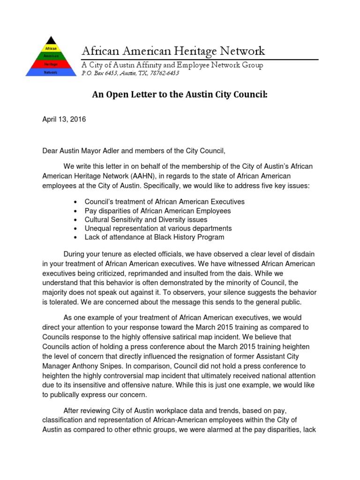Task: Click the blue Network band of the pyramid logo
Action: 50,73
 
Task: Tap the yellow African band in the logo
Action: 50,48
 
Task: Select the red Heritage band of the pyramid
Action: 50,64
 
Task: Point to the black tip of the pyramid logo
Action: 51,40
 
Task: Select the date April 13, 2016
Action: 64,120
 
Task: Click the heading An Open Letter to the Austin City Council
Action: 180,95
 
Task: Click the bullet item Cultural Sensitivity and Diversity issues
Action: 146,219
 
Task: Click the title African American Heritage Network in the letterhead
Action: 173,51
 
